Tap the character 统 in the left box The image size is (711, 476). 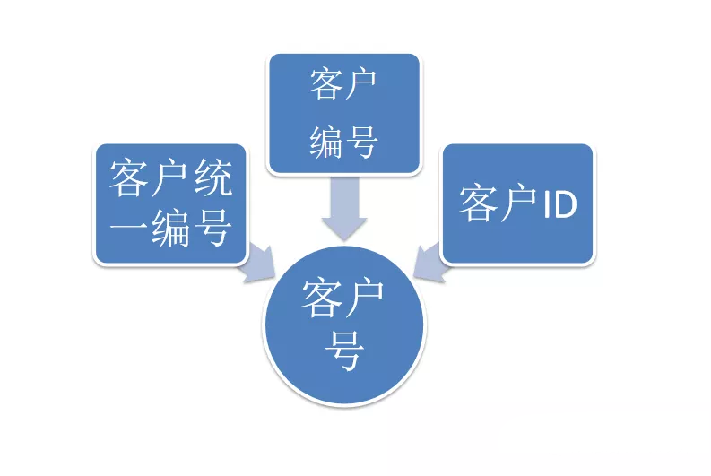(212, 180)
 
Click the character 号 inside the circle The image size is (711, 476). (344, 353)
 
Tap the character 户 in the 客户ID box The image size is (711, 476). (518, 204)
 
